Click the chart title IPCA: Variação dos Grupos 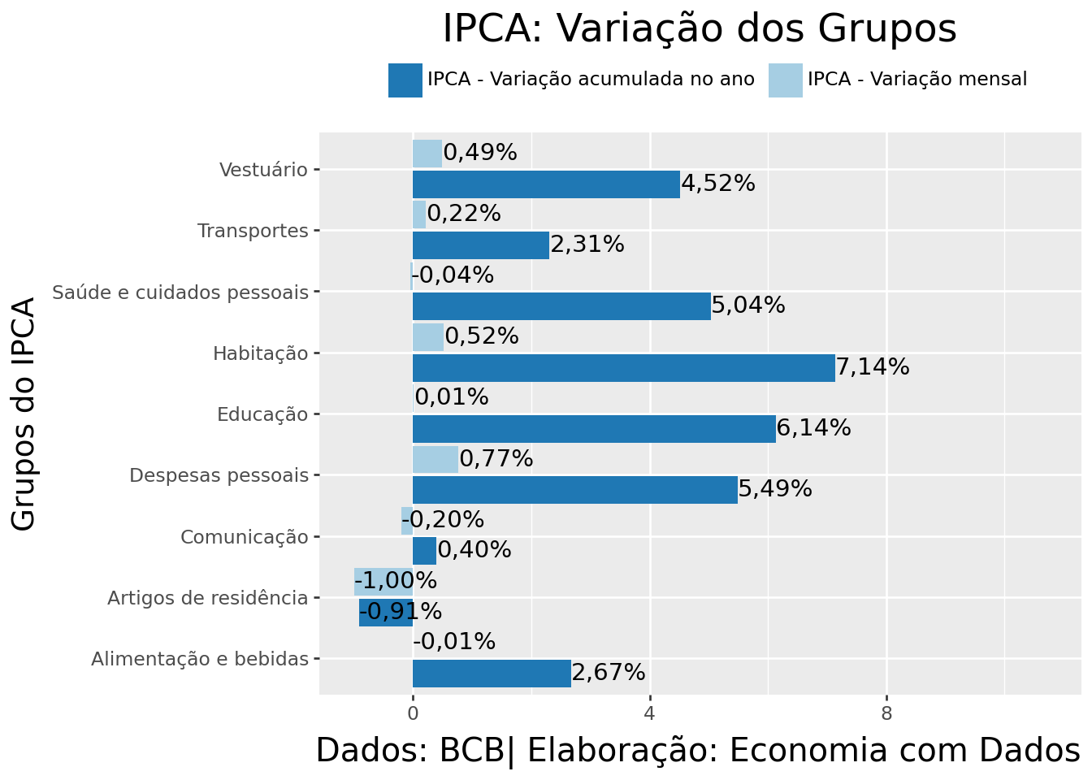pos(699,29)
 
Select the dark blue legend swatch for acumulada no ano pos(405,80)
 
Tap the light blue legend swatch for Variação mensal pos(785,80)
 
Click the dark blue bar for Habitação pos(623,367)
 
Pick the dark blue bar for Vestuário pos(546,184)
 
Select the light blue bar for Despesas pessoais pos(435,459)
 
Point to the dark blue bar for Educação pos(594,429)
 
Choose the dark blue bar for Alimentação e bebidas pos(492,674)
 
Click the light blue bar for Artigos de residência pos(383,582)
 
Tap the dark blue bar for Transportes pos(480,245)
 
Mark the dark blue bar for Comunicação pos(424,551)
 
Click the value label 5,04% pos(748,306)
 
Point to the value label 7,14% pos(873,367)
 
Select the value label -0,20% pos(444,520)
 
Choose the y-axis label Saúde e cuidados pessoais pos(180,292)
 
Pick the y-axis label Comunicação pos(245,537)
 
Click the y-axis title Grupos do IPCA pos(24,414)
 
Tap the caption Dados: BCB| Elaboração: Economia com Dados pos(697,751)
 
